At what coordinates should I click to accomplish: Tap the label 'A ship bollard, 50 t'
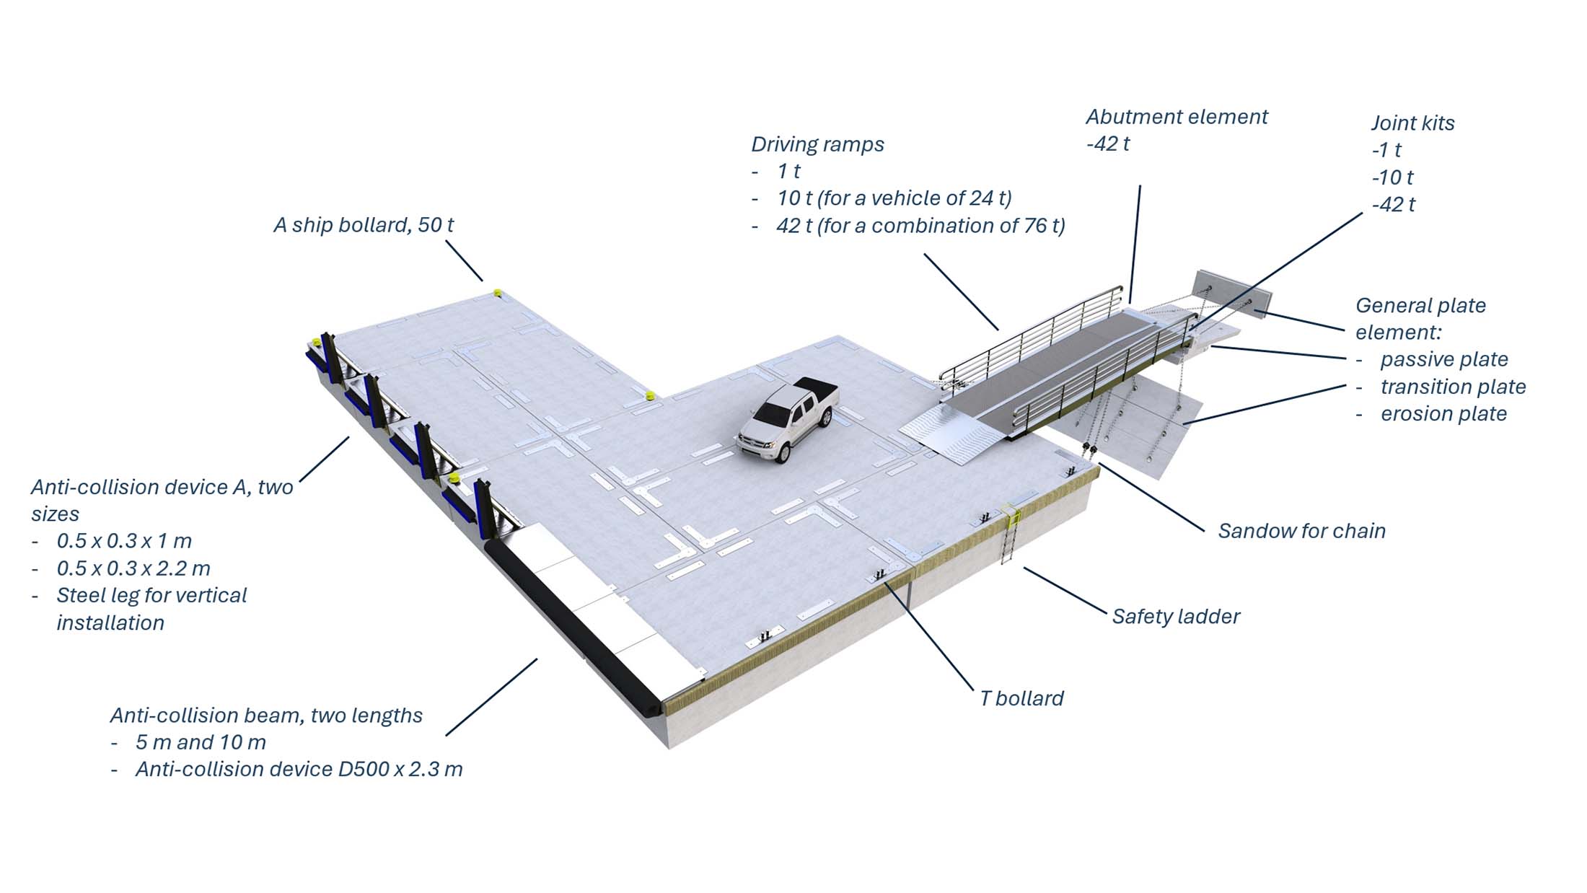tap(364, 225)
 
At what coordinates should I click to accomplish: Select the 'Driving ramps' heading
tap(817, 144)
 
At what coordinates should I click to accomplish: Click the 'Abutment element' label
tap(1177, 117)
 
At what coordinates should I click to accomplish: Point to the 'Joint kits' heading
tap(1412, 123)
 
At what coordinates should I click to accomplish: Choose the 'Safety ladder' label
tap(1176, 617)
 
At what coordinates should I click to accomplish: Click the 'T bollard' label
tap(1021, 698)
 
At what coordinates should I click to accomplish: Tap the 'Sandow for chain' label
tap(1302, 531)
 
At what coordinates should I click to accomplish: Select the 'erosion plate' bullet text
tap(1443, 414)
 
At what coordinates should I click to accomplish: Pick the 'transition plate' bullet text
tap(1453, 387)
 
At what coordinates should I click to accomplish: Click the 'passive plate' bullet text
tap(1444, 360)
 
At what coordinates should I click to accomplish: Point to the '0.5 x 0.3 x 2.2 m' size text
tap(133, 568)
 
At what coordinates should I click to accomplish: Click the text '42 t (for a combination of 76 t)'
tap(920, 226)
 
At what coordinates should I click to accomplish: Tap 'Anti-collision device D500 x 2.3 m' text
tap(299, 770)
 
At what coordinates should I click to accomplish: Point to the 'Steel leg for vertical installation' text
tap(151, 610)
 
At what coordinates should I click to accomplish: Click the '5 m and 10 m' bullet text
tap(201, 742)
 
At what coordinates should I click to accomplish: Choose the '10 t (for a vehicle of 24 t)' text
tap(894, 198)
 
